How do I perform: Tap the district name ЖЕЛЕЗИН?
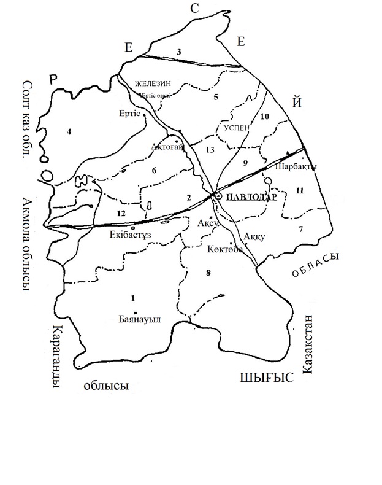[153, 83]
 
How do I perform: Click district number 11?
[299, 191]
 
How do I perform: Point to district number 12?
[120, 212]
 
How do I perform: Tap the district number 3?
[179, 52]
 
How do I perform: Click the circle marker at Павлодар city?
[218, 196]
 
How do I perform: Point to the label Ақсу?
[204, 224]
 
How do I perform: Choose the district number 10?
[265, 117]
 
